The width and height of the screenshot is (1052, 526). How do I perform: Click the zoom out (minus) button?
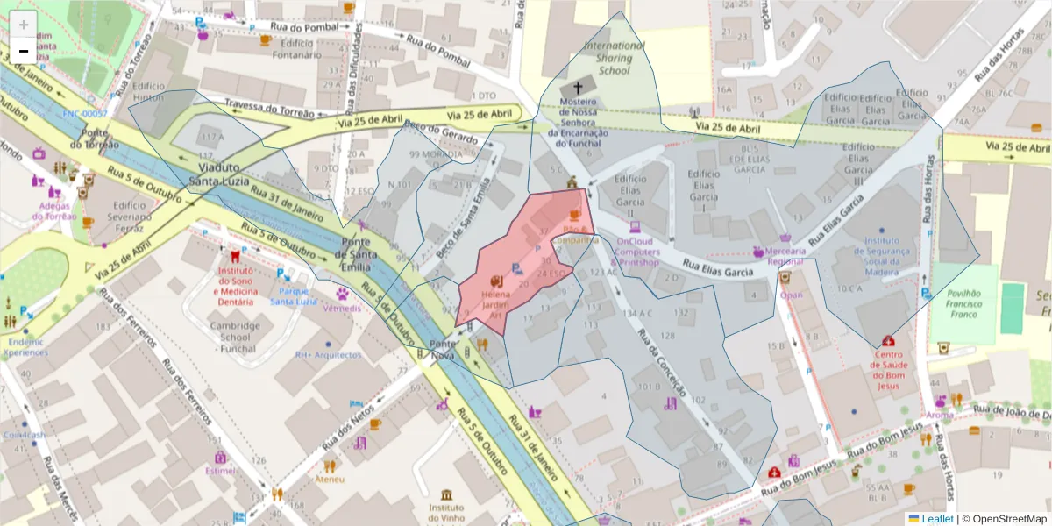pos(24,51)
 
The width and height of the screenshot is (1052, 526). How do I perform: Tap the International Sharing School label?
pos(614,58)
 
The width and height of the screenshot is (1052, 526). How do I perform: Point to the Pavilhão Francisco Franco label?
pos(963,303)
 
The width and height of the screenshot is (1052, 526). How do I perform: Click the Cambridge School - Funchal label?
pos(234,337)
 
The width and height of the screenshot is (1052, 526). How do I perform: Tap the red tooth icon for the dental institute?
pos(234,258)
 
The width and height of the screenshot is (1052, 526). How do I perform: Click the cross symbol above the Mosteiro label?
pos(578,88)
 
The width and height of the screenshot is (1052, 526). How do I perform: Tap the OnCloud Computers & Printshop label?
pos(638,252)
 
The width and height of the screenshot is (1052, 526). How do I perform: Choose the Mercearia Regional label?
pos(785,256)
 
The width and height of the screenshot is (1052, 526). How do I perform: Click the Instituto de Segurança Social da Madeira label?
pos(881,255)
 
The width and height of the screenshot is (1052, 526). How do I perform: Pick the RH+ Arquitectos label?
pos(328,355)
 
